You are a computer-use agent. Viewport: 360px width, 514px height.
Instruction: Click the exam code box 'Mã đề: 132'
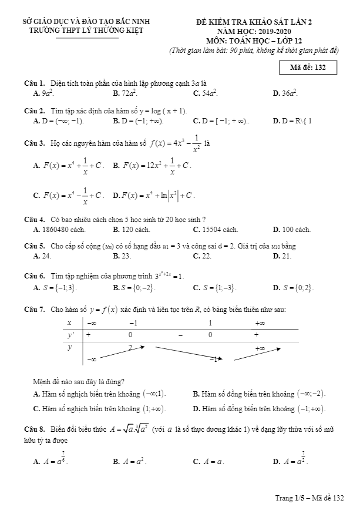pos(312,68)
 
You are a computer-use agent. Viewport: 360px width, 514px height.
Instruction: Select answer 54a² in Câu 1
pos(208,93)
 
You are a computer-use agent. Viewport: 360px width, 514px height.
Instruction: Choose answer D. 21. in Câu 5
pos(282,256)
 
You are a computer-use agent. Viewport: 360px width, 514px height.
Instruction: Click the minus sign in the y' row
pos(181,335)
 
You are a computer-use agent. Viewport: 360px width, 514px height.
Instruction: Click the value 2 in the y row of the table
pos(130,346)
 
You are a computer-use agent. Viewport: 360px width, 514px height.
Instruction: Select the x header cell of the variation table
pos(69,323)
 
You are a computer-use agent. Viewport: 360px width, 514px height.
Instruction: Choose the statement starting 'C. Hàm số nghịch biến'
pos(100,408)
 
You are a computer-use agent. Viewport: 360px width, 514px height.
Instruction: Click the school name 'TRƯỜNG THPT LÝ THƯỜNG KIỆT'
pos(86,30)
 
